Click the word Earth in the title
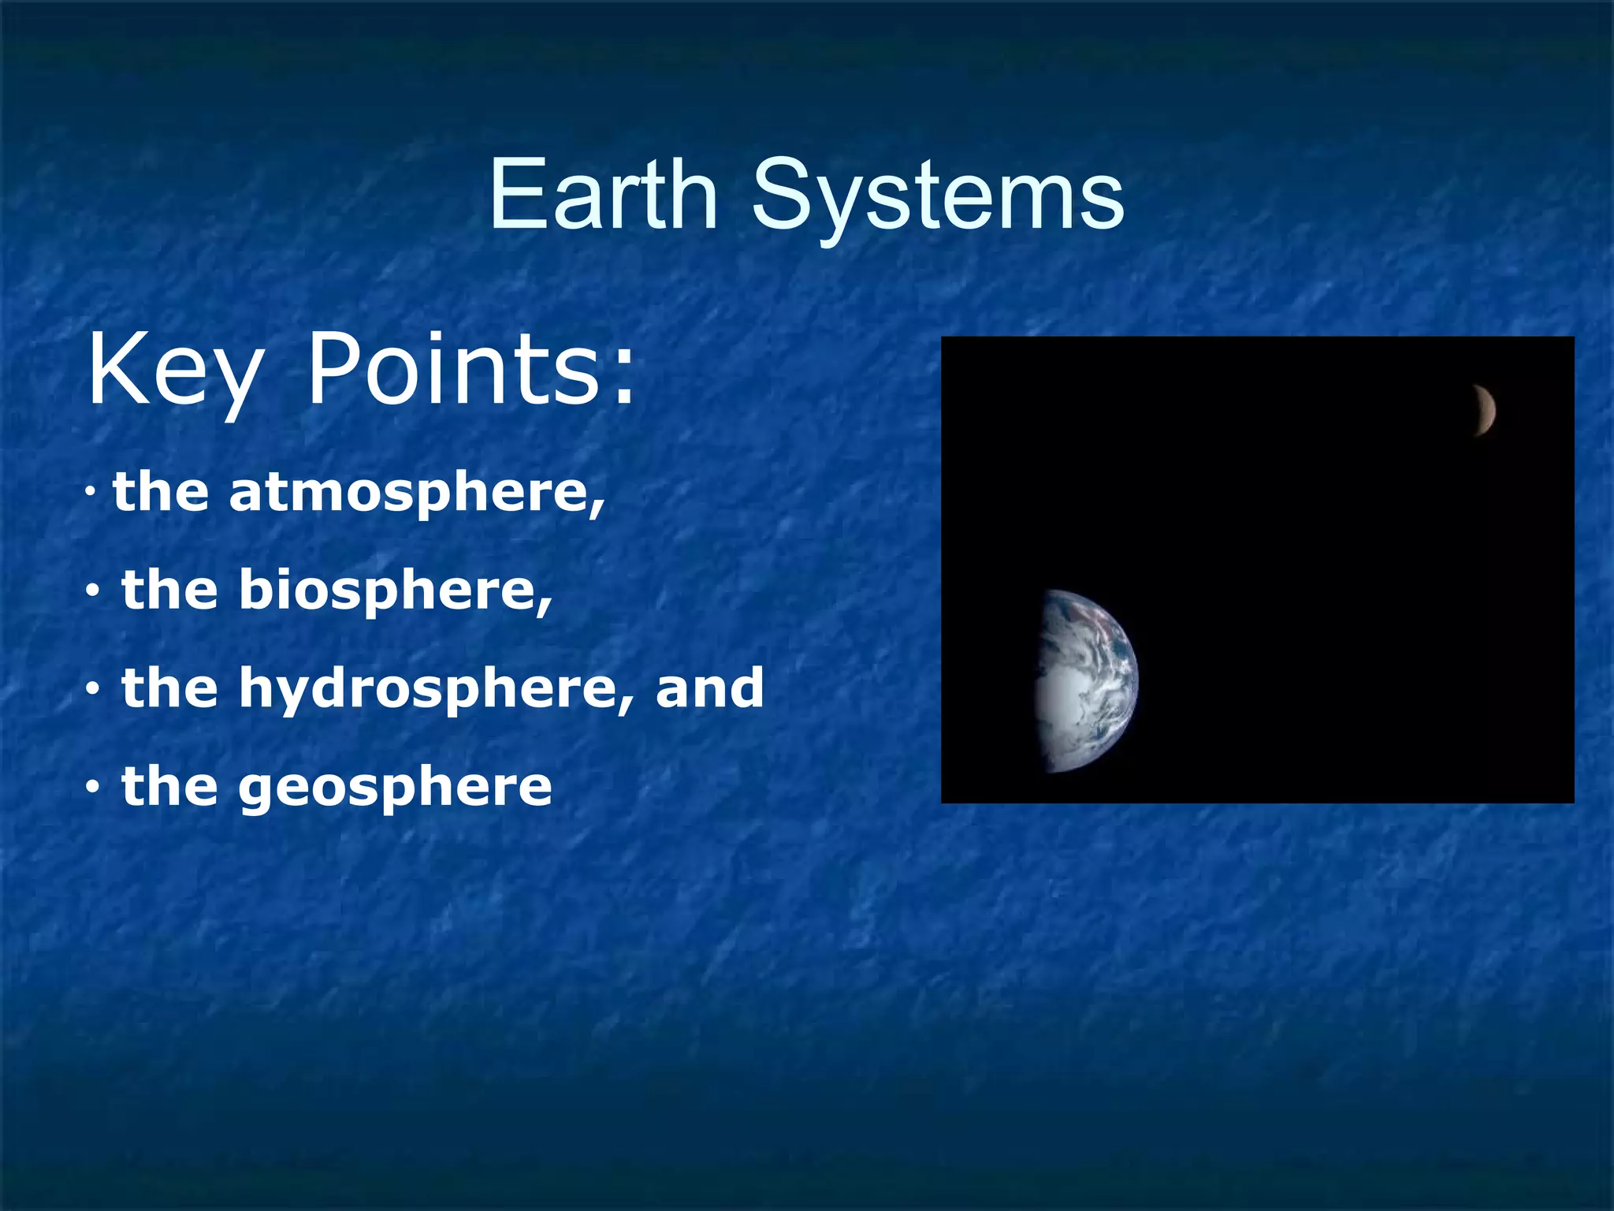(x=603, y=195)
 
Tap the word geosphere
(x=395, y=787)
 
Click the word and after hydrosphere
(x=709, y=687)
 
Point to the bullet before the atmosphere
(x=91, y=494)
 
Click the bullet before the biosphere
(x=93, y=591)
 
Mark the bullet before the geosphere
(x=93, y=788)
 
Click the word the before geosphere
(x=169, y=786)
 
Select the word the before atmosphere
(x=161, y=492)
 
